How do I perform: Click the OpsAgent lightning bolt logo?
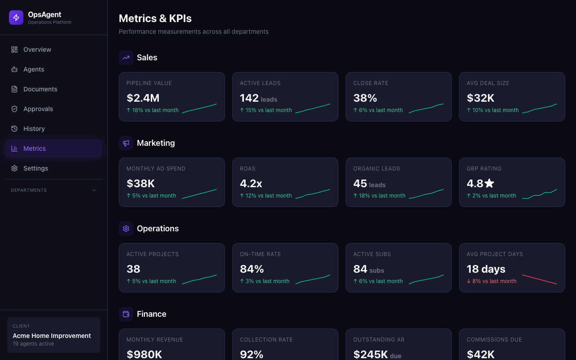point(16,18)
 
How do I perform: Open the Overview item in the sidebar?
point(37,49)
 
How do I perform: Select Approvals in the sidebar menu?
point(38,109)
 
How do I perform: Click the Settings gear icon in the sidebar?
point(14,168)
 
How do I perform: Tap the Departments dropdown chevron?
point(94,190)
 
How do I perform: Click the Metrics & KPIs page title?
point(155,18)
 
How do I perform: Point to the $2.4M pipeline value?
point(143,98)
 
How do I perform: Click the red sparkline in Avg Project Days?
point(539,279)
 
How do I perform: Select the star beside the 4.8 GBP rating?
point(490,183)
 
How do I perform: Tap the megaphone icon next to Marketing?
point(126,143)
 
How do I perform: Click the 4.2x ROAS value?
point(251,184)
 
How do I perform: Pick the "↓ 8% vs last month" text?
point(491,281)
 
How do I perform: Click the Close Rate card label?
point(370,83)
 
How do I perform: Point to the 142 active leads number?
point(249,98)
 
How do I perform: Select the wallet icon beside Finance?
point(126,314)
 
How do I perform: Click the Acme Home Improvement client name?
point(52,336)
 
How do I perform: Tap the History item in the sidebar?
point(34,129)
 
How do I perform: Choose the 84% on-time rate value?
point(252,269)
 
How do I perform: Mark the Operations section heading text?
point(157,229)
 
